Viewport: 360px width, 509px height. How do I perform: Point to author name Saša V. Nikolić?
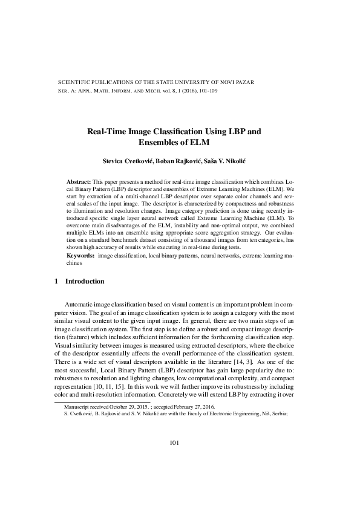pyautogui.click(x=231, y=161)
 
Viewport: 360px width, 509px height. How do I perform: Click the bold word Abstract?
pyautogui.click(x=79, y=182)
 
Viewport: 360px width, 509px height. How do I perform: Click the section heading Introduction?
pyautogui.click(x=85, y=282)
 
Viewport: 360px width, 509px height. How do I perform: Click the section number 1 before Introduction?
pyautogui.click(x=56, y=282)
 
